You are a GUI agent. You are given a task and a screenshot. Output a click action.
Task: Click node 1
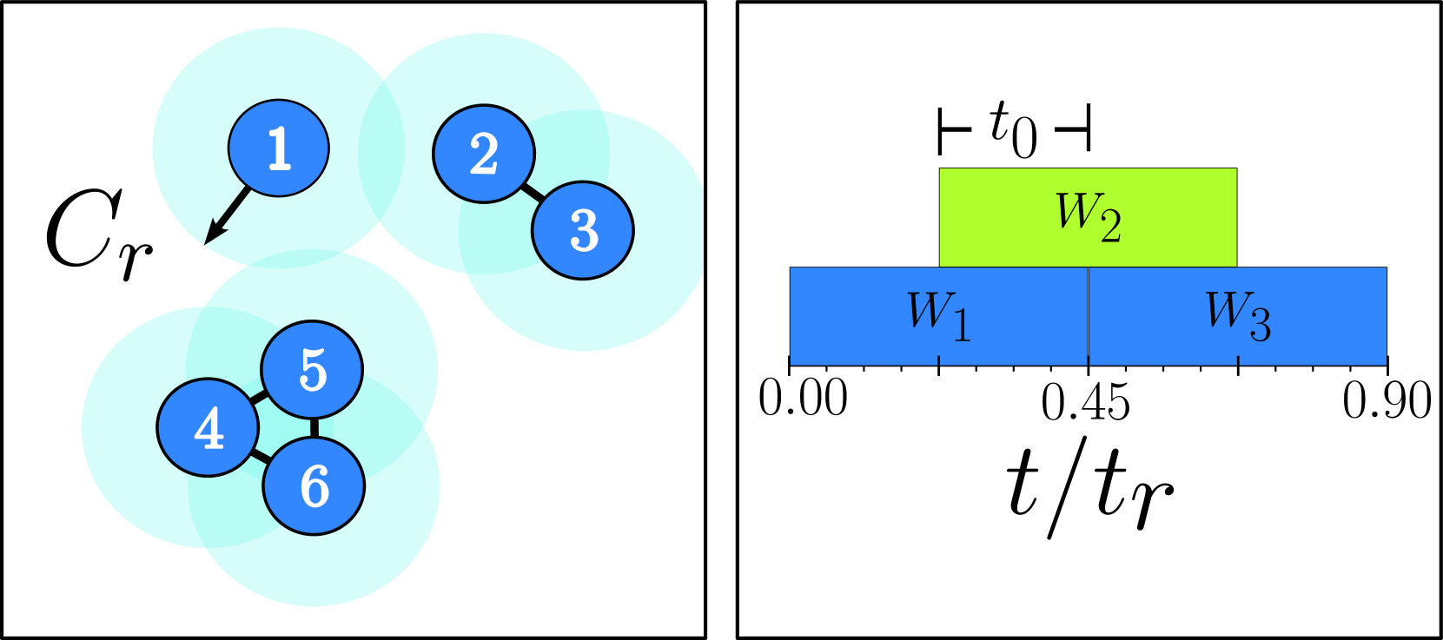pos(278,148)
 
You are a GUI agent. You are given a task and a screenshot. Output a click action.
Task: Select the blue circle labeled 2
pos(484,154)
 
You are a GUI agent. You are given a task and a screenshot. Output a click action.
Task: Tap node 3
pos(583,230)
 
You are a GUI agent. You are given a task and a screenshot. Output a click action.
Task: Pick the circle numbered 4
pos(208,427)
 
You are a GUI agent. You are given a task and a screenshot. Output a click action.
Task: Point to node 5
pos(312,371)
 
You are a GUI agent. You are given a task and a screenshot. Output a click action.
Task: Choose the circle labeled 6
pos(314,486)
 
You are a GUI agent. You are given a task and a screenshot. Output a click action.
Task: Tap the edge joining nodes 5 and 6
pos(313,428)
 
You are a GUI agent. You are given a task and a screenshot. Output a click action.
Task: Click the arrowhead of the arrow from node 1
pos(211,235)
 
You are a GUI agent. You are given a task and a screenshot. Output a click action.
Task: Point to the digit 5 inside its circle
pos(313,371)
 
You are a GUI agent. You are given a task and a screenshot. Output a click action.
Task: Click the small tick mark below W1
pos(938,360)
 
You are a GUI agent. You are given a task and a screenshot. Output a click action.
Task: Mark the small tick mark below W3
pos(1237,360)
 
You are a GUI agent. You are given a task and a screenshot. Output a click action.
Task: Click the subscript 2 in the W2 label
pos(1110,228)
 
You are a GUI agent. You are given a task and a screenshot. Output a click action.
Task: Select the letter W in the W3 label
pos(1224,308)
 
